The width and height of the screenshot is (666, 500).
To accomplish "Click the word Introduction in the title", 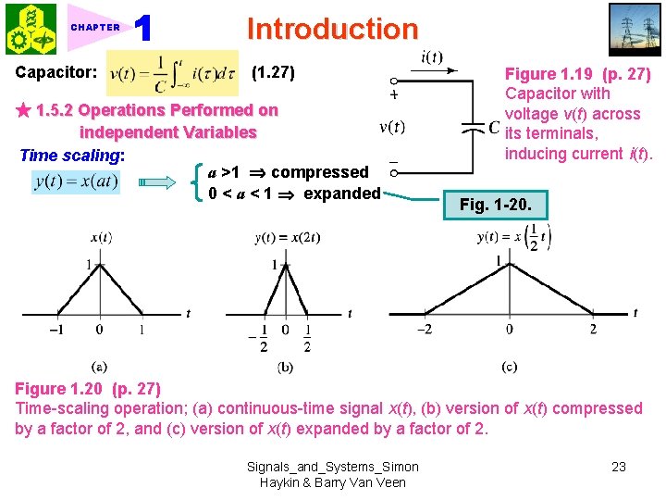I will coord(332,29).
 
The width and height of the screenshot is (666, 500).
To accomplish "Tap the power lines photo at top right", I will coord(635,30).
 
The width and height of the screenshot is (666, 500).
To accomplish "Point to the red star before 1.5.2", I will coord(22,110).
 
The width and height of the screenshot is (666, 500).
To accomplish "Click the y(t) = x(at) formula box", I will coord(77,181).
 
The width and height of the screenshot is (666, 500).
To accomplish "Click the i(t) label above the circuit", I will coord(432,57).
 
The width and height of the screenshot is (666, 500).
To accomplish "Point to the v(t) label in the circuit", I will coord(392,127).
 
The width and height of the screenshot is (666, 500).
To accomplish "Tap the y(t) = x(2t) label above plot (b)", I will coord(288,238).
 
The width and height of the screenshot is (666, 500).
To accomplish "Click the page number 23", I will coord(619,467).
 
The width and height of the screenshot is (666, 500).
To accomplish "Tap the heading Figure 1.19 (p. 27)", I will coord(577,74).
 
